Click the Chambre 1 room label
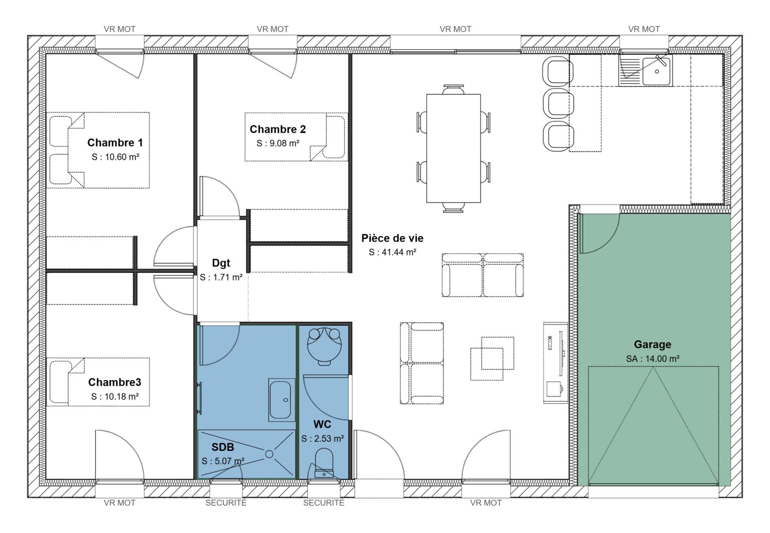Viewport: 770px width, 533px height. click(115, 143)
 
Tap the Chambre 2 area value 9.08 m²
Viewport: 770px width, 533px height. click(278, 143)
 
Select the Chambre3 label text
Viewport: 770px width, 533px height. click(114, 383)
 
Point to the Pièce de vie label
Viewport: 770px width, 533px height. click(392, 239)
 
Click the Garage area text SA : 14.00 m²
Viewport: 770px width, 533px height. click(652, 359)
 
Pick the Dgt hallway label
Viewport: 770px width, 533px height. click(221, 263)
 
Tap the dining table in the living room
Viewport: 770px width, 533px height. click(453, 148)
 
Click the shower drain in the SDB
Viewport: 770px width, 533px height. click(269, 454)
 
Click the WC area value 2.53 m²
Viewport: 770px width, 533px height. click(322, 439)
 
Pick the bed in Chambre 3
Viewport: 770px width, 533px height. click(98, 382)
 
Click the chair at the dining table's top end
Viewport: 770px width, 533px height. click(453, 89)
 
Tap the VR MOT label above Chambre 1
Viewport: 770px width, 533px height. click(119, 29)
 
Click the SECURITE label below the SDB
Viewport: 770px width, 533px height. click(226, 502)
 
